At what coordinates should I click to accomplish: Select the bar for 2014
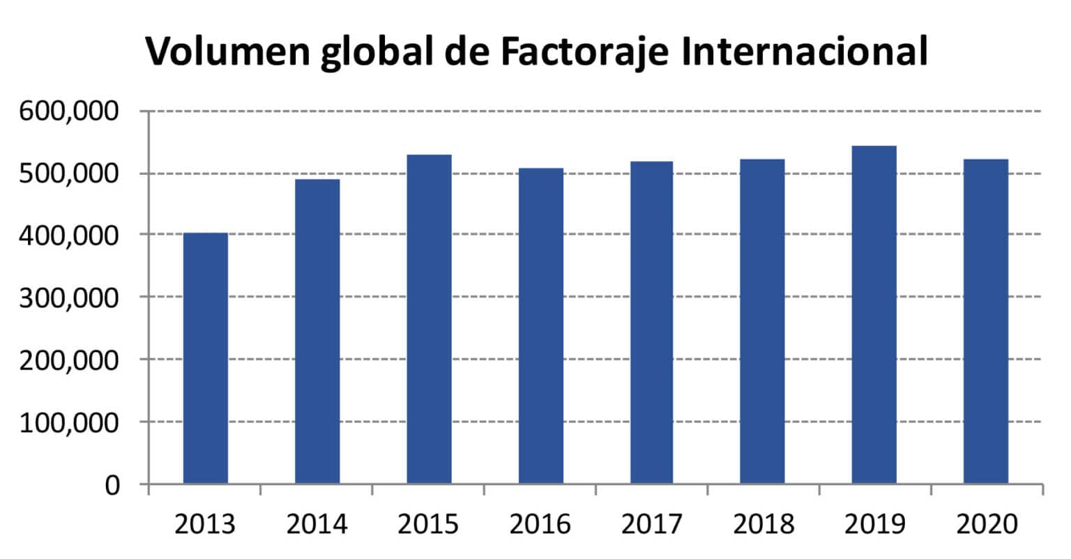pyautogui.click(x=317, y=331)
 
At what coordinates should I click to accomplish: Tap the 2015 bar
pyautogui.click(x=429, y=319)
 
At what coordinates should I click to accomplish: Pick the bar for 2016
pyautogui.click(x=541, y=326)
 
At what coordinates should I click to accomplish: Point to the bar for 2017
pyautogui.click(x=651, y=322)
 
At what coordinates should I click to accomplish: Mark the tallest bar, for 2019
pyautogui.click(x=874, y=314)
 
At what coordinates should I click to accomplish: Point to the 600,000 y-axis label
pyautogui.click(x=70, y=112)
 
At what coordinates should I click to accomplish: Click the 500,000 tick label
pyautogui.click(x=70, y=174)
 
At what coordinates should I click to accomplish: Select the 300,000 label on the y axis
pyautogui.click(x=70, y=298)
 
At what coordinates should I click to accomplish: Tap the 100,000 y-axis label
pyautogui.click(x=70, y=422)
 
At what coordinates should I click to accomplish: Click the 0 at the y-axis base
pyautogui.click(x=112, y=484)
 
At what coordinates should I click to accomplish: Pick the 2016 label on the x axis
pyautogui.click(x=540, y=523)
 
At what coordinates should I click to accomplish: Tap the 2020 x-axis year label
pyautogui.click(x=987, y=523)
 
